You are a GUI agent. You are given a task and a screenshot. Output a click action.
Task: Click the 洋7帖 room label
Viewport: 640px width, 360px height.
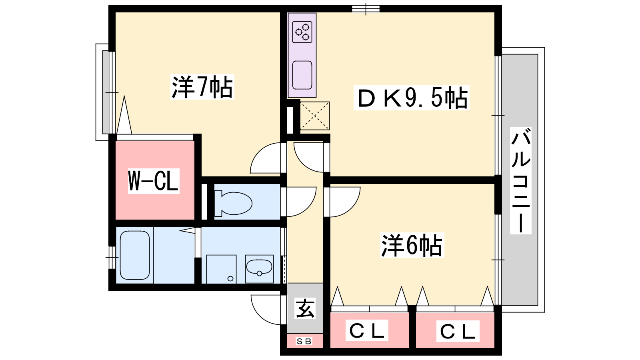click(202, 87)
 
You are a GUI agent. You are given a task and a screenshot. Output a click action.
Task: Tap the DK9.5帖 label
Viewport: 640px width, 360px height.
click(412, 98)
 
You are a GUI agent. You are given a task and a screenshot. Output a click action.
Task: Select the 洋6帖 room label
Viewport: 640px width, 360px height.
click(412, 245)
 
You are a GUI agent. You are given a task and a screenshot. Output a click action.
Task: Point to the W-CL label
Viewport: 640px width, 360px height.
click(154, 181)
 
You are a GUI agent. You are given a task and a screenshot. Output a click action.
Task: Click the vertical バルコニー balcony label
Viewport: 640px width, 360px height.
click(520, 181)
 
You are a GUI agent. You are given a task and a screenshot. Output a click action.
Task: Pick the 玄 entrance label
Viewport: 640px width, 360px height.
click(305, 308)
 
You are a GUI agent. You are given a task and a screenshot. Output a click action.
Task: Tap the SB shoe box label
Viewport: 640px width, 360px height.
click(304, 341)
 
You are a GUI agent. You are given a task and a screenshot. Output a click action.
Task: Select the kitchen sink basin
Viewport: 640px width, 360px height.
click(302, 75)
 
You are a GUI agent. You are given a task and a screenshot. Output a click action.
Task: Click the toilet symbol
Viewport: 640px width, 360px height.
click(233, 204)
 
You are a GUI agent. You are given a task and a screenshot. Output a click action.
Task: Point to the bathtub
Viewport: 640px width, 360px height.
click(135, 255)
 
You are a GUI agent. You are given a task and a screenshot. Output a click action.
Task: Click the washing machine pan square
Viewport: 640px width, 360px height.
click(222, 269)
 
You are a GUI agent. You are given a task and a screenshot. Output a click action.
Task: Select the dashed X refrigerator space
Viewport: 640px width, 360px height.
click(314, 116)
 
